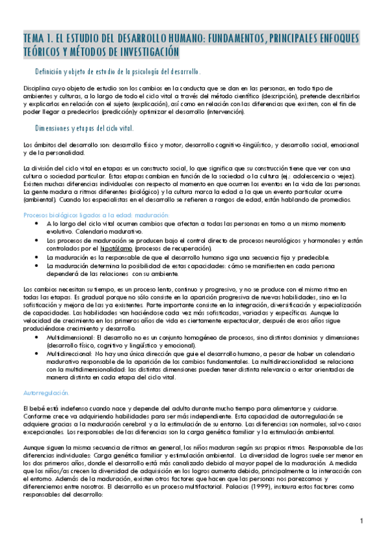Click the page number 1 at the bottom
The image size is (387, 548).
point(362,521)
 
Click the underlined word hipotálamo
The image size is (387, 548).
point(118,248)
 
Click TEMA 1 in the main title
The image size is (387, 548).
point(38,39)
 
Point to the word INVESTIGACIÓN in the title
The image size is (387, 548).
point(140,52)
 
